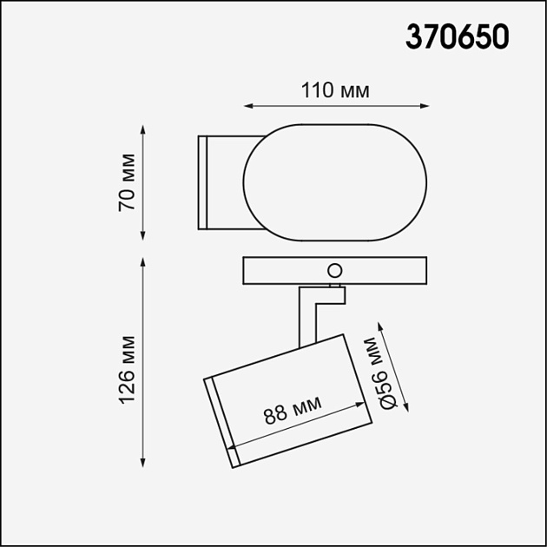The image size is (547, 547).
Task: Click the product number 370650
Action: coord(458,37)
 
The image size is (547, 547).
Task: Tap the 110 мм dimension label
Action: coord(336,90)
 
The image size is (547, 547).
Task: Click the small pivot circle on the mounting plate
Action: coord(333,270)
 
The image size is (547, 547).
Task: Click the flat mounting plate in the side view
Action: coord(287,271)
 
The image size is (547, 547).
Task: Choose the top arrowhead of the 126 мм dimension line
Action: coord(143,260)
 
